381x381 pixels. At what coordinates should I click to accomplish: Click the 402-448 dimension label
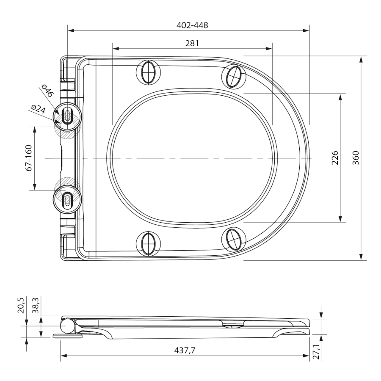192,25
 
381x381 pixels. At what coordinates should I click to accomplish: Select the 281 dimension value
192,43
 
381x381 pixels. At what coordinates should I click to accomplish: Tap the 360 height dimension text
356,158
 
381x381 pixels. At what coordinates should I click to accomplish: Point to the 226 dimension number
335,158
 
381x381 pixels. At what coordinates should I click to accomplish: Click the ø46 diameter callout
47,91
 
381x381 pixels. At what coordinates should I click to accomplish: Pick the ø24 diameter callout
39,109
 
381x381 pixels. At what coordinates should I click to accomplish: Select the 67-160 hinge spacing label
29,158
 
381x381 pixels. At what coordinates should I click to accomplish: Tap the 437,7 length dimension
185,350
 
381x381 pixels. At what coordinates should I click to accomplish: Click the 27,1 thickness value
316,351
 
